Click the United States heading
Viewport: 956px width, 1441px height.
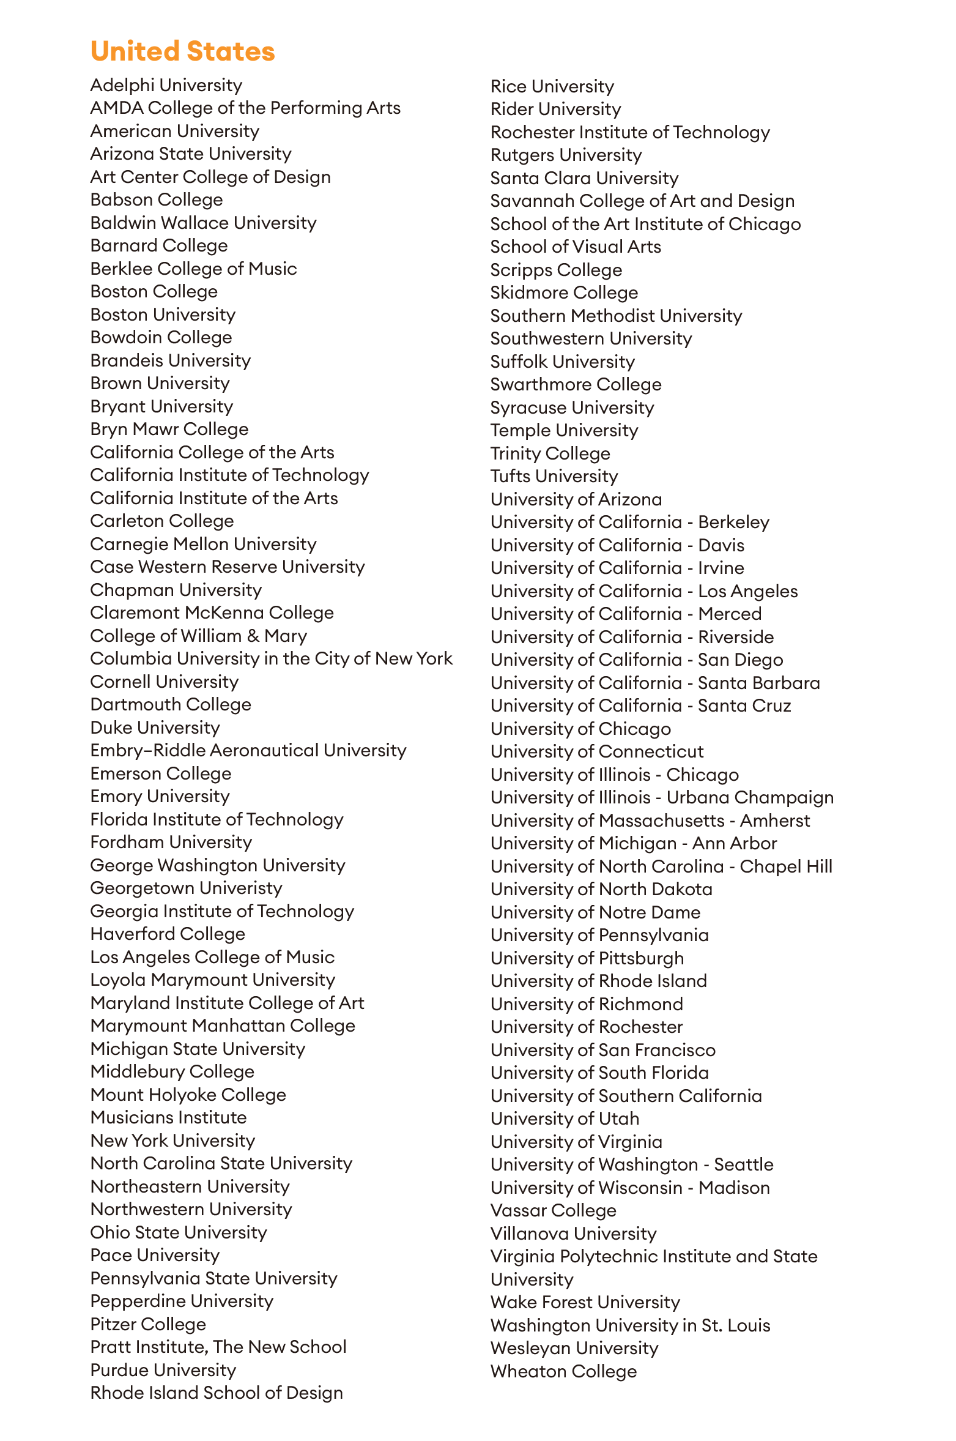[182, 51]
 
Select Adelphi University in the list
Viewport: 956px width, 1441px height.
[166, 85]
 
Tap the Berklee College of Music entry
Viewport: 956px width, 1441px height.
[193, 269]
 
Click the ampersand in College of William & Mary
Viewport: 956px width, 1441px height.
[253, 636]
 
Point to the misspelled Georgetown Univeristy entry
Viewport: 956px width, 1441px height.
[186, 888]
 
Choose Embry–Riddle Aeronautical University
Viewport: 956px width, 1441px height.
[248, 750]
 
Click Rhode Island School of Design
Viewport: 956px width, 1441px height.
[216, 1393]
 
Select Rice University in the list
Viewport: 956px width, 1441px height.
[552, 86]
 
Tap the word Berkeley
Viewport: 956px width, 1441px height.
[733, 522]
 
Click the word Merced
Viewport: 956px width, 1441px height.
[730, 614]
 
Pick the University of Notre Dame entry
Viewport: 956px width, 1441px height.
[595, 912]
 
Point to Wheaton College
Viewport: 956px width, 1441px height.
[563, 1371]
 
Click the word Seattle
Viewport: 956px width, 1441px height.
[743, 1164]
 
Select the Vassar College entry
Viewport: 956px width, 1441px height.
[553, 1210]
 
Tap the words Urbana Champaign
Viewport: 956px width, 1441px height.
[750, 797]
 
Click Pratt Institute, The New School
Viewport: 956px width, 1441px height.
[218, 1347]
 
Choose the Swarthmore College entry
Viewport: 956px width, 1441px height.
[576, 384]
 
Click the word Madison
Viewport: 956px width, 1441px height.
[734, 1188]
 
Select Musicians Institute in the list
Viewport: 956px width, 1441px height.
[168, 1117]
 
